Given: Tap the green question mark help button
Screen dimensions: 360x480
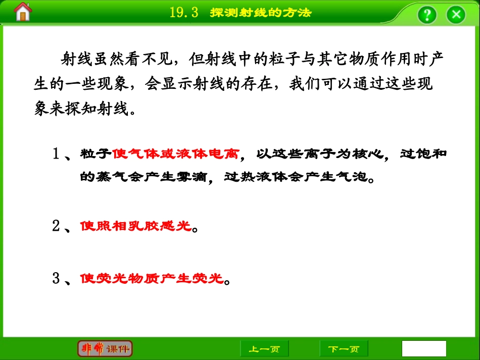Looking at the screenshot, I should tap(426, 14).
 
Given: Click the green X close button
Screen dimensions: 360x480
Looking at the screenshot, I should tap(456, 14).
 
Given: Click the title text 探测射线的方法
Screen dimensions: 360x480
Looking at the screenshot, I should tap(261, 13).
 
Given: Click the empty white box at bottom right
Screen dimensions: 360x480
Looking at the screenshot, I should tap(424, 348).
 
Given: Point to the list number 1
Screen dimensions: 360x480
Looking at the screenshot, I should tap(56, 154).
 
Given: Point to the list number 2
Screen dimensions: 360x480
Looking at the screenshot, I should tap(56, 226).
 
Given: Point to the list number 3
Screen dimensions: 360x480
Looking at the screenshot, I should tap(56, 278).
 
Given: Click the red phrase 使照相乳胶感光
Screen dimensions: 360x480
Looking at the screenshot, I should tap(136, 226).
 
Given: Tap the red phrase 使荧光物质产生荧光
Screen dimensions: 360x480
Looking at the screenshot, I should tap(152, 278).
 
